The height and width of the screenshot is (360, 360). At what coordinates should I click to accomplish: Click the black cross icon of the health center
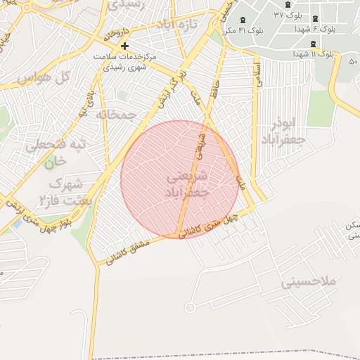(125, 46)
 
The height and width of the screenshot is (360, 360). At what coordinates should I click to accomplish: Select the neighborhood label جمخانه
(115, 114)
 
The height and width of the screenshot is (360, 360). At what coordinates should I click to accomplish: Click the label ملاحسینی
(309, 281)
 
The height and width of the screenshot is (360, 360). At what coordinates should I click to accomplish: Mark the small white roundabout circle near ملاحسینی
(190, 308)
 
